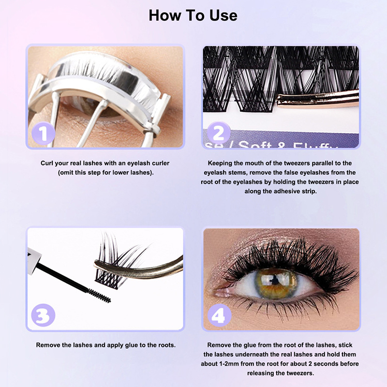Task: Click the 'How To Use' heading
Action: (193, 15)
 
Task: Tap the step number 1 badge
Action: (44, 134)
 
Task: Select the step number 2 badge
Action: (219, 134)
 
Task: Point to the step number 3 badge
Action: (44, 315)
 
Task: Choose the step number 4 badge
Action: (220, 315)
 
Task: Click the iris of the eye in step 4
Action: (276, 283)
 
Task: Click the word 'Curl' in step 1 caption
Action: (47, 163)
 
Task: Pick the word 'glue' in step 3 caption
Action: (132, 345)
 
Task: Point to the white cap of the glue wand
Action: (33, 262)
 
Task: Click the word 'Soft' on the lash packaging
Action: (255, 144)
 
